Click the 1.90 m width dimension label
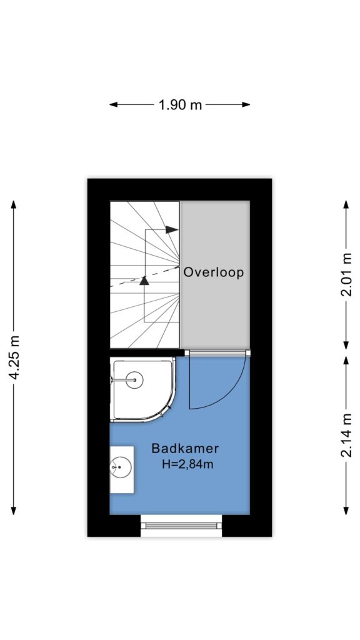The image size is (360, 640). (180, 105)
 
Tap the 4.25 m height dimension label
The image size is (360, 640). (14, 357)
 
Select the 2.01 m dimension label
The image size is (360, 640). (346, 275)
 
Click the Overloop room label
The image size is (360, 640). (214, 272)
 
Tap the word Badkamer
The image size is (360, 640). (185, 448)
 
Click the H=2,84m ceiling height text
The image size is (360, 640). (187, 464)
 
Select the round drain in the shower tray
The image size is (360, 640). (134, 380)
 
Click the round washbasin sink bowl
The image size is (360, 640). (121, 467)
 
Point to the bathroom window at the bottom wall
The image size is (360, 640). (181, 526)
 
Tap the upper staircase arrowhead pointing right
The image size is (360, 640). (172, 229)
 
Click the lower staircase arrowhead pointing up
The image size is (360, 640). (144, 281)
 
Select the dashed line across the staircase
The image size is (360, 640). (145, 276)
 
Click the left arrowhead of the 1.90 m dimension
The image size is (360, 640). (114, 105)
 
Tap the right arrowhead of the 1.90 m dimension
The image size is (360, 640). (246, 105)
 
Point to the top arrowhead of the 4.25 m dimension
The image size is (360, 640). (14, 204)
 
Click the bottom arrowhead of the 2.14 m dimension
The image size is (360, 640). (346, 511)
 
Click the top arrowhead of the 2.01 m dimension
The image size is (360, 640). (346, 204)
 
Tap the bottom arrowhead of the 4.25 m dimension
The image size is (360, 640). (14, 511)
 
